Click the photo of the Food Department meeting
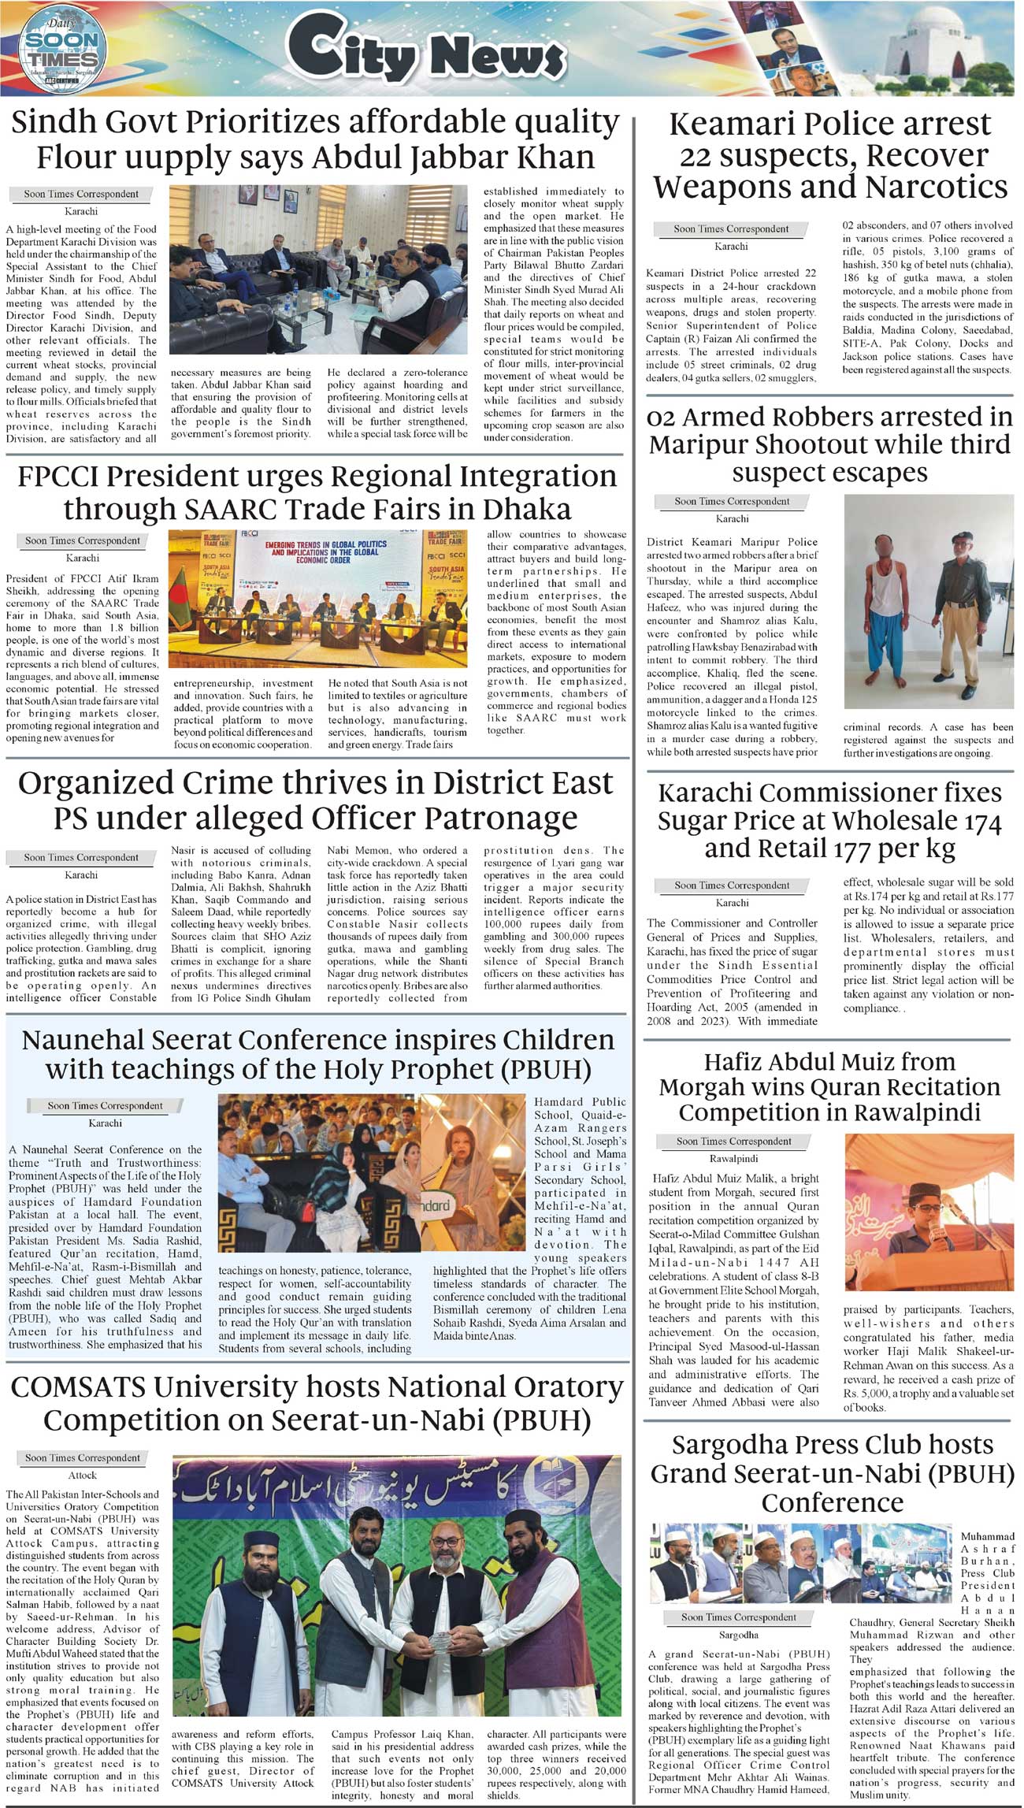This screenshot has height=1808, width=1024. click(x=319, y=269)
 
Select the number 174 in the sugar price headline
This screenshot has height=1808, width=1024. click(x=974, y=822)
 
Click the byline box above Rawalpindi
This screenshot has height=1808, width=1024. click(x=733, y=1141)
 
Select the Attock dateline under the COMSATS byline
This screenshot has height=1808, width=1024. click(x=82, y=1475)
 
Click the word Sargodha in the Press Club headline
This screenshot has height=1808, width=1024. click(x=732, y=1445)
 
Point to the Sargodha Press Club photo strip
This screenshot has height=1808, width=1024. click(x=801, y=1561)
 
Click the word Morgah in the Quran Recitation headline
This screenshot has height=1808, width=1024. click(x=701, y=1087)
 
